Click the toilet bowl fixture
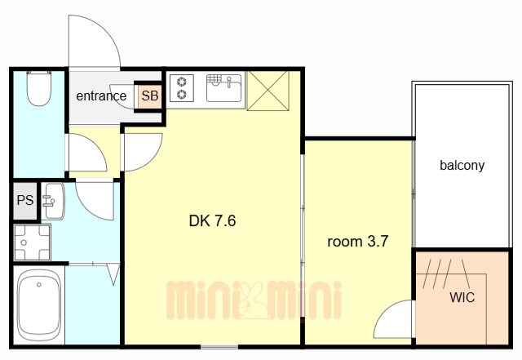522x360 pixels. [x=39, y=88]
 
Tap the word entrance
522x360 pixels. [x=101, y=96]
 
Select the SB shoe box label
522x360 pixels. [x=150, y=96]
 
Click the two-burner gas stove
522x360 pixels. [x=182, y=88]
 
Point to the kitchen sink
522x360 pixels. [x=223, y=88]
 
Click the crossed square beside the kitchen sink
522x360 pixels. [x=268, y=91]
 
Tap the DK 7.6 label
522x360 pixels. [x=212, y=220]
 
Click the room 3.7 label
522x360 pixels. [x=358, y=241]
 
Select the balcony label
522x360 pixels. [x=462, y=166]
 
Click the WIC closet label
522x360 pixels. [x=462, y=297]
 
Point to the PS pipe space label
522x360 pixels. [x=25, y=200]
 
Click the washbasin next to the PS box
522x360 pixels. [x=53, y=201]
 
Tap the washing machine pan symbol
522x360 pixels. [x=33, y=242]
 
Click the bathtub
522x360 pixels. [x=39, y=304]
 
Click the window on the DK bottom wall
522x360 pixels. [x=219, y=347]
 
